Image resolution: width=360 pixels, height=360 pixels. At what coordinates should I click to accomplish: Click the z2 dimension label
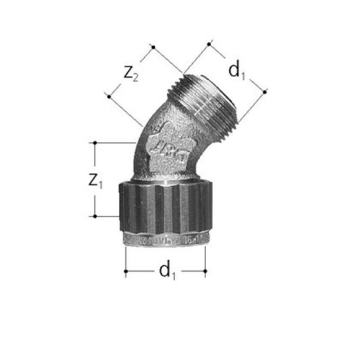130,73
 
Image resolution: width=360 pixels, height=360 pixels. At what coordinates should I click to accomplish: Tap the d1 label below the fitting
166,271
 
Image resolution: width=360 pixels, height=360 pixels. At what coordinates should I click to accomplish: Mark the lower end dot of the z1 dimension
95,216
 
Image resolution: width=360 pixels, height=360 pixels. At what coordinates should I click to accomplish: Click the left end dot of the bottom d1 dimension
125,271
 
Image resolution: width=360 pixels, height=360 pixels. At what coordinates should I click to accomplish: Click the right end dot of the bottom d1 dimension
205,271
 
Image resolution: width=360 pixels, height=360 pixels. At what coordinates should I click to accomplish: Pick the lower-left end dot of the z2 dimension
109,97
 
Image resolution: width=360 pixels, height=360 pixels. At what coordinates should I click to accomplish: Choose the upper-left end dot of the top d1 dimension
209,43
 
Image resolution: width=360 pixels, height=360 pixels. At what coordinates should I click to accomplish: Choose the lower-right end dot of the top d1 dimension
265,90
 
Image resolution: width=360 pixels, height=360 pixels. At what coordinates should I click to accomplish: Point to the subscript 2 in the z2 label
136,78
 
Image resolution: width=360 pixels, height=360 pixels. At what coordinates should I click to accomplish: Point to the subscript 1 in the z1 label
101,185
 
